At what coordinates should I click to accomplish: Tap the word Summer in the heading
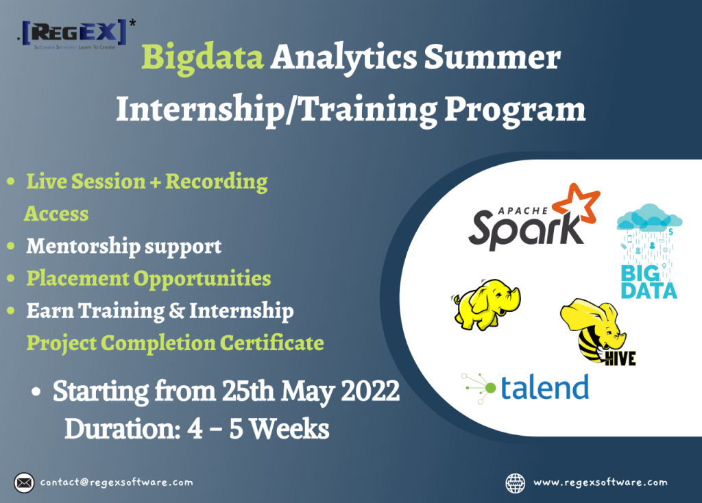492,57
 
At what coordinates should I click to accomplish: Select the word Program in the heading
515,110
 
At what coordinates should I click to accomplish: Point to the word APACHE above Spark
523,211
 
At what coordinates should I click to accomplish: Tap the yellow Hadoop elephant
486,304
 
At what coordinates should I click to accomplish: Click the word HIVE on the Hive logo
620,358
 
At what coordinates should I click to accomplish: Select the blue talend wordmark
544,388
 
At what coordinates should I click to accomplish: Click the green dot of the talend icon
491,388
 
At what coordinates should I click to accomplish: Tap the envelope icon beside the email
24,483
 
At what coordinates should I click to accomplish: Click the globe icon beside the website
516,483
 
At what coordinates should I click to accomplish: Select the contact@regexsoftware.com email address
117,482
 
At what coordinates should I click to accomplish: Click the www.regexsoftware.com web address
601,482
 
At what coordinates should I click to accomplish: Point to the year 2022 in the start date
370,391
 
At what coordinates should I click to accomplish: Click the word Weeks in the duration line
290,429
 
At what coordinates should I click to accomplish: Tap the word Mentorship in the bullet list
82,246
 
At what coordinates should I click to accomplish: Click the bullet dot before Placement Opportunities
11,278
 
